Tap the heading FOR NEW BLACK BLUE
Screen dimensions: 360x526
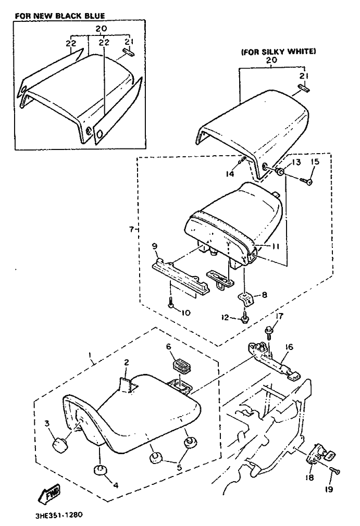click(x=60, y=16)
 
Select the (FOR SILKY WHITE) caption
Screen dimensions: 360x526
click(x=278, y=52)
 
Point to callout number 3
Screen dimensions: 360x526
click(x=47, y=423)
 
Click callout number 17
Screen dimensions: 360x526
click(x=279, y=316)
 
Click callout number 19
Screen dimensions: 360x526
click(x=329, y=490)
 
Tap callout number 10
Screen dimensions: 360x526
click(x=185, y=312)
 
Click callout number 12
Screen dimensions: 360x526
click(x=225, y=317)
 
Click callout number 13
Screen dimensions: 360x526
click(x=297, y=162)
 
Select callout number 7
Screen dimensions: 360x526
click(x=131, y=230)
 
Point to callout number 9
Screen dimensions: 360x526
click(x=155, y=246)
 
